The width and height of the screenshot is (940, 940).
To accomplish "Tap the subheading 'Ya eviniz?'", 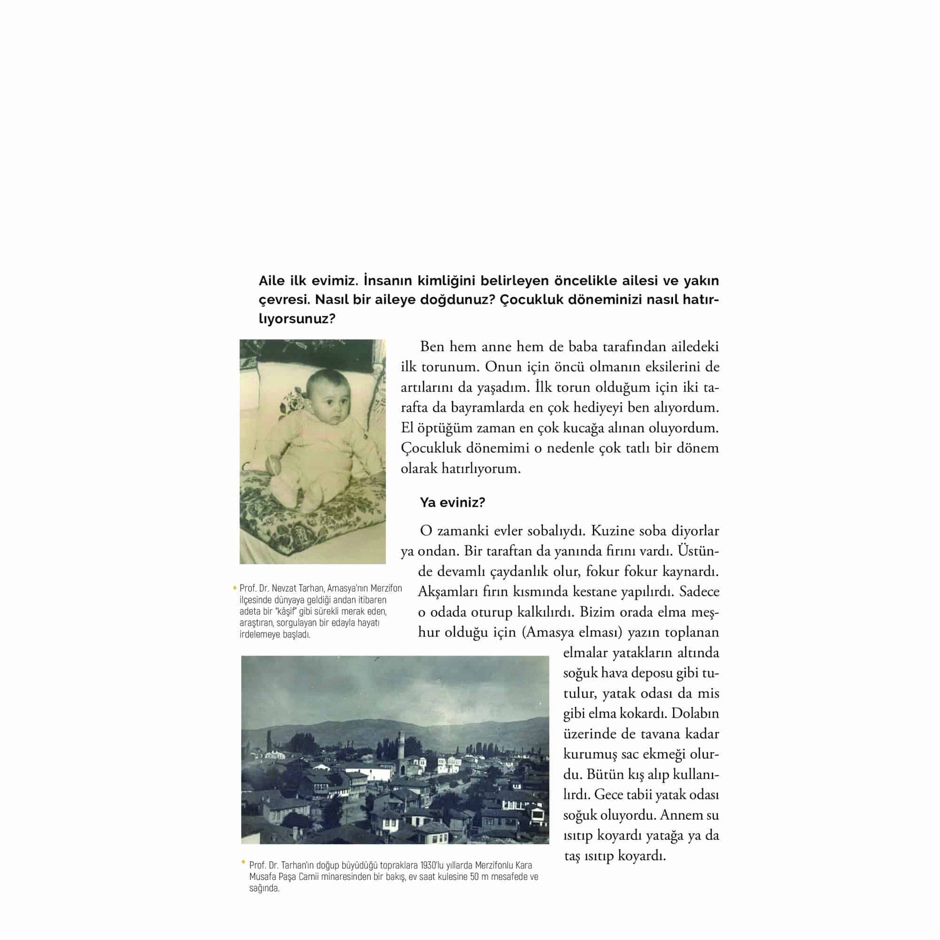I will pos(453,502).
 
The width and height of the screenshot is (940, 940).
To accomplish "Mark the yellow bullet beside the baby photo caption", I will pos(235,588).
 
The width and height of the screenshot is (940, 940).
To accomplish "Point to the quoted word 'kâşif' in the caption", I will pos(286,611).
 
